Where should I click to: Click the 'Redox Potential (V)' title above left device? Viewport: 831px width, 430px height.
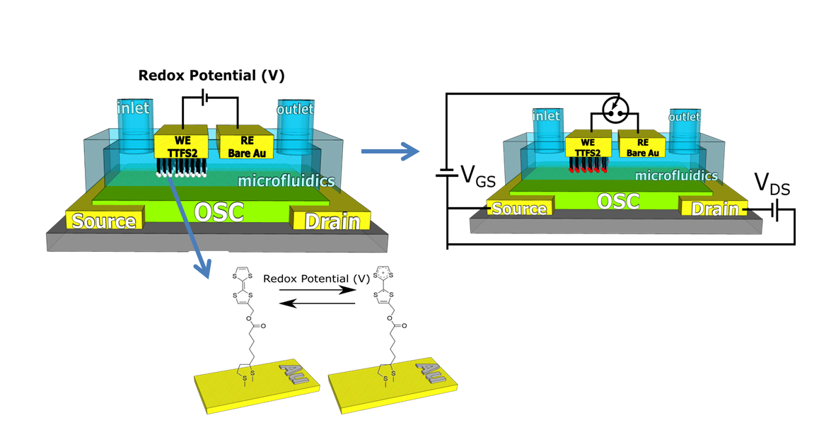click(x=211, y=75)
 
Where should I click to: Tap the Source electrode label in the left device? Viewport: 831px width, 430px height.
click(x=104, y=221)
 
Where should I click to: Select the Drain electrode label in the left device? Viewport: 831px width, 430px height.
click(x=331, y=221)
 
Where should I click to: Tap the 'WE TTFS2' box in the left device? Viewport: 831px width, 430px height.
click(x=180, y=142)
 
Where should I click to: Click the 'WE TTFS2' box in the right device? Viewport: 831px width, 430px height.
click(x=588, y=146)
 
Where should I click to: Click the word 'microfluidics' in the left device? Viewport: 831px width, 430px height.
click(x=286, y=182)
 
